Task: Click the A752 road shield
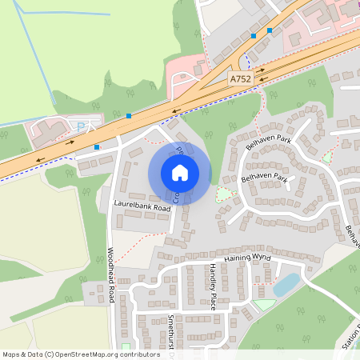[x=239, y=79]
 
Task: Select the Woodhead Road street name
[x=111, y=274]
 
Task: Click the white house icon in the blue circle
[x=180, y=173]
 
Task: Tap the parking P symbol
[x=79, y=126]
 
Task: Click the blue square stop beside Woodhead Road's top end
[x=97, y=147]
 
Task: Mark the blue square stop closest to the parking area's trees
[x=128, y=116]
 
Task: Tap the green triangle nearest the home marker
[x=222, y=193]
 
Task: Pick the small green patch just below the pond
[x=265, y=305]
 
